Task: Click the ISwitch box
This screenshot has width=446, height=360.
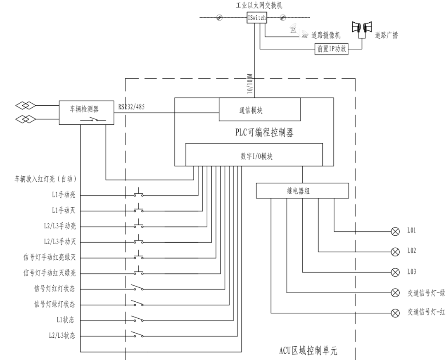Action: pyautogui.click(x=257, y=18)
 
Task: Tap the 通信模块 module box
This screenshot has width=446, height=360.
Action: pyautogui.click(x=259, y=110)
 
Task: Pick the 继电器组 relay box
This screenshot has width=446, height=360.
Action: pyautogui.click(x=302, y=191)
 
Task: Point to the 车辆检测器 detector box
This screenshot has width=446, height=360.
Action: pyautogui.click(x=86, y=111)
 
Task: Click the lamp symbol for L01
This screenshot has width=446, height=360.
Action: pyautogui.click(x=395, y=231)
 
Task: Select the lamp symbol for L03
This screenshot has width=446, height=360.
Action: pyautogui.click(x=395, y=272)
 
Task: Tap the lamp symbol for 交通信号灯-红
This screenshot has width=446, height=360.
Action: pyautogui.click(x=395, y=313)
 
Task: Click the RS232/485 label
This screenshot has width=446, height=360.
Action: pyautogui.click(x=131, y=107)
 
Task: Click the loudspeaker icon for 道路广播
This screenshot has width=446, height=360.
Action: pyautogui.click(x=361, y=27)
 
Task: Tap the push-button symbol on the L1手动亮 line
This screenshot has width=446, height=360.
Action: pyautogui.click(x=138, y=194)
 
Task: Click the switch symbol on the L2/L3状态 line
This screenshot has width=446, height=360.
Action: pyautogui.click(x=137, y=334)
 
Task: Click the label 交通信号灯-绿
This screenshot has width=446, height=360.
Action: pyautogui.click(x=426, y=292)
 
